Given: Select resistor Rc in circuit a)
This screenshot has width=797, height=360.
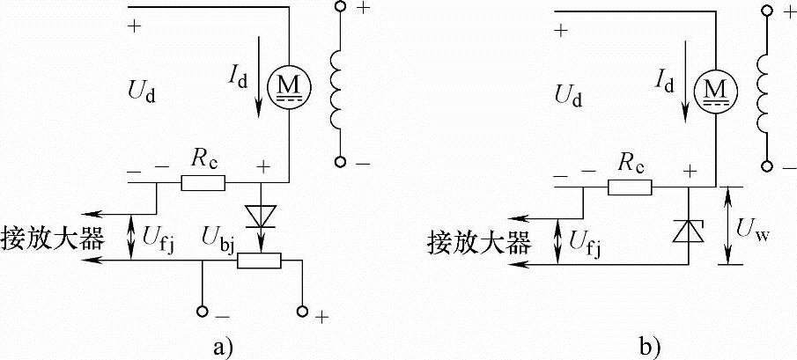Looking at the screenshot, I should pyautogui.click(x=203, y=183).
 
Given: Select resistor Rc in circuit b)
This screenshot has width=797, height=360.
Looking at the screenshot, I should pyautogui.click(x=629, y=187).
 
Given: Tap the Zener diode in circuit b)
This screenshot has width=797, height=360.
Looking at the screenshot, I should pyautogui.click(x=690, y=231).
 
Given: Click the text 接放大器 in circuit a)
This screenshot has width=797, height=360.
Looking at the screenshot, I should pyautogui.click(x=54, y=239).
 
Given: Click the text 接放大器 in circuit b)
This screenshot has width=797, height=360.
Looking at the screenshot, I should pyautogui.click(x=478, y=242).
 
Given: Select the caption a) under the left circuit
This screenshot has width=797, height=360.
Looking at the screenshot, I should pyautogui.click(x=224, y=344).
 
